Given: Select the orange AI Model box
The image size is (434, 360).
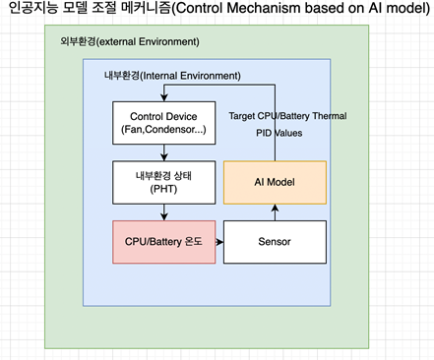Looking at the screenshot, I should pos(274,181).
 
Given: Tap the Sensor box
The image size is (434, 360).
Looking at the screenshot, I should pos(274,240).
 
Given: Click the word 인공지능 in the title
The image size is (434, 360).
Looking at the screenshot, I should pos(32,12).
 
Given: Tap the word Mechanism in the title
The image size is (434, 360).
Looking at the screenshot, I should pos(260,12).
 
